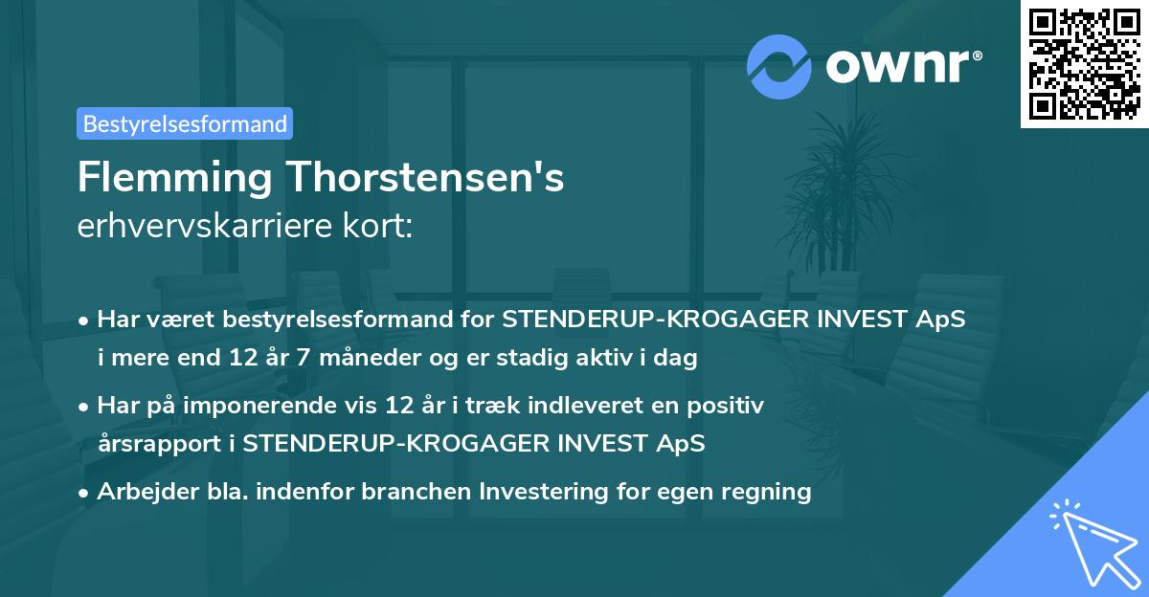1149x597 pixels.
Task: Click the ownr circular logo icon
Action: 780,66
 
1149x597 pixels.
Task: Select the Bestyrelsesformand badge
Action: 185,123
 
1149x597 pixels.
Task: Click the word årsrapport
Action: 164,444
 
